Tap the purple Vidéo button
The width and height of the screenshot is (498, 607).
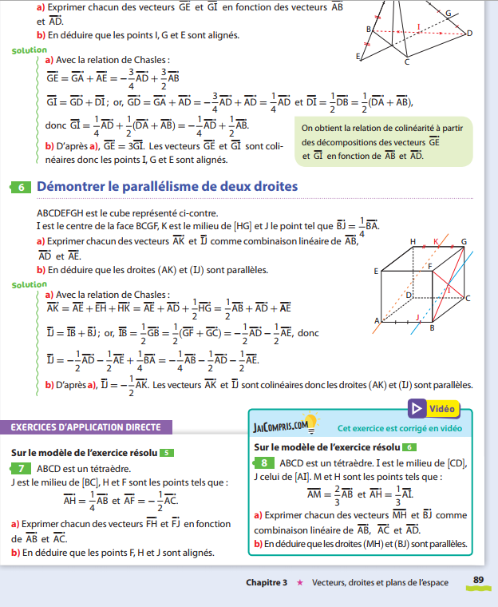click(x=434, y=409)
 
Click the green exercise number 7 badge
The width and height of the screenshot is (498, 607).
click(x=22, y=468)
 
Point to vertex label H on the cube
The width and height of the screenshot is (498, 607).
click(x=413, y=240)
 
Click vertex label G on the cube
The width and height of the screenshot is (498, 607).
click(x=464, y=240)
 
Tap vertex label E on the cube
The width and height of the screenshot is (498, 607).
click(x=375, y=272)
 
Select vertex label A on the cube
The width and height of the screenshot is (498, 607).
click(x=376, y=321)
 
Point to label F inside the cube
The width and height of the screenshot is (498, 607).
click(x=431, y=266)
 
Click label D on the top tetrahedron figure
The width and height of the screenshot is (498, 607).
click(x=469, y=34)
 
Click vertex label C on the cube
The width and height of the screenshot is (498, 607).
click(x=468, y=298)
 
